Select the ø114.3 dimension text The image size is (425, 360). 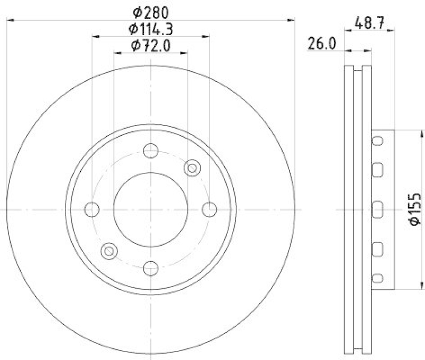pyautogui.click(x=151, y=29)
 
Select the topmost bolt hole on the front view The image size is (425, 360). pyautogui.click(x=151, y=150)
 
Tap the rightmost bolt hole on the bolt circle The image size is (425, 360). pyautogui.click(x=210, y=210)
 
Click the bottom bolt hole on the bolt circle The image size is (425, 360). pyautogui.click(x=151, y=268)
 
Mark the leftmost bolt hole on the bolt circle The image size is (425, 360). pyautogui.click(x=92, y=210)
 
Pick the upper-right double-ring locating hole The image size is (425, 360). pyautogui.click(x=192, y=168)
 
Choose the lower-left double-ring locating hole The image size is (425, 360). pyautogui.click(x=110, y=250)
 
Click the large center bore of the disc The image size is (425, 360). pyautogui.click(x=151, y=210)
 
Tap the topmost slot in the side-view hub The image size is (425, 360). pyautogui.click(x=377, y=141)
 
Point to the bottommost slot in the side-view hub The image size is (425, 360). pyautogui.click(x=377, y=278)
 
